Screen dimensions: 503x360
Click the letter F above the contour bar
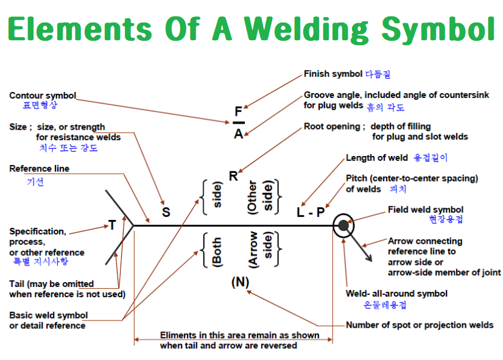[238, 111]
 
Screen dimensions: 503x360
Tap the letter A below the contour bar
[238, 133]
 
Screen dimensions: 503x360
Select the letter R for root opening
[234, 176]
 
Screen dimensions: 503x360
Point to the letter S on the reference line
[166, 212]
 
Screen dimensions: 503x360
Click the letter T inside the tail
[112, 225]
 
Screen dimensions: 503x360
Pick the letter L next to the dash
[300, 212]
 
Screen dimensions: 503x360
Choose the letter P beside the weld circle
[320, 212]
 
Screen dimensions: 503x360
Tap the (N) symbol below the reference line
[240, 282]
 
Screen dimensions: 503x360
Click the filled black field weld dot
[343, 225]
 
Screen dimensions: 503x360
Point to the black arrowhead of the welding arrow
[369, 258]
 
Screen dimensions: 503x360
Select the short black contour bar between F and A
[239, 122]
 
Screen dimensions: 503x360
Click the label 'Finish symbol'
[333, 74]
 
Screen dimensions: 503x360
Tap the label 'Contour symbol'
[43, 96]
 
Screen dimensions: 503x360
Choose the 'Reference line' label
[40, 169]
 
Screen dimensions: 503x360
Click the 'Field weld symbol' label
[426, 210]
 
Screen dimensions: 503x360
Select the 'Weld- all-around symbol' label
[396, 294]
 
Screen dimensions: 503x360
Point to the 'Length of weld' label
[376, 158]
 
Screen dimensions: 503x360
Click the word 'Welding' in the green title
[307, 30]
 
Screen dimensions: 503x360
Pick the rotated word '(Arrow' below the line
[253, 250]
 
